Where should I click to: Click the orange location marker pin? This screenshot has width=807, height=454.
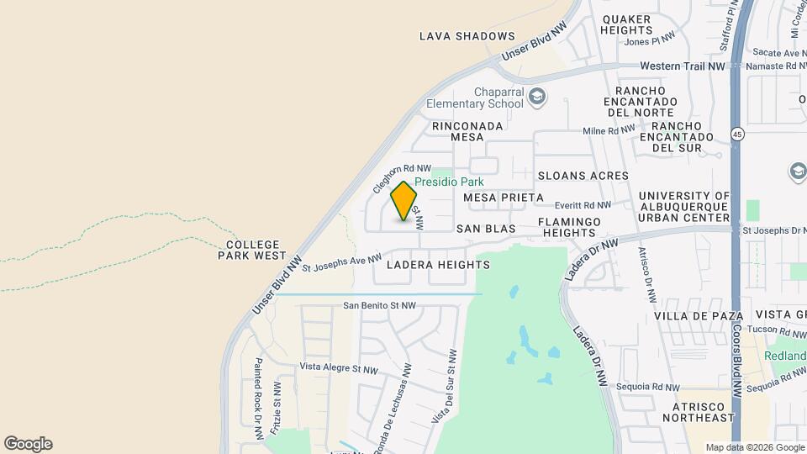(404, 202)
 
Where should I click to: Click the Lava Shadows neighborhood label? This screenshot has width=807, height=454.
(467, 36)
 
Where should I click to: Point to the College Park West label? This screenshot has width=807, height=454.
(251, 249)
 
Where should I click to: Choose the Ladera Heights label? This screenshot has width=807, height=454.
(438, 265)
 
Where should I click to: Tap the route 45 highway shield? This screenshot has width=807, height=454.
(737, 135)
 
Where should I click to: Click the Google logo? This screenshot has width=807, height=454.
(28, 444)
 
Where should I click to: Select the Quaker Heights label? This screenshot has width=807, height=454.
(627, 24)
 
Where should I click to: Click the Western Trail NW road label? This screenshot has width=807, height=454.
(682, 66)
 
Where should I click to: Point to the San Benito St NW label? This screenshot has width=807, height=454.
(379, 306)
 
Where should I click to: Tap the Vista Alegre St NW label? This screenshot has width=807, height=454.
(340, 368)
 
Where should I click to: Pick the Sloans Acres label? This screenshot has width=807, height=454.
(583, 176)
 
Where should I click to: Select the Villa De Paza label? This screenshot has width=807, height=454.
(699, 316)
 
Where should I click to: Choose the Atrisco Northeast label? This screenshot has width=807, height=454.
(698, 412)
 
